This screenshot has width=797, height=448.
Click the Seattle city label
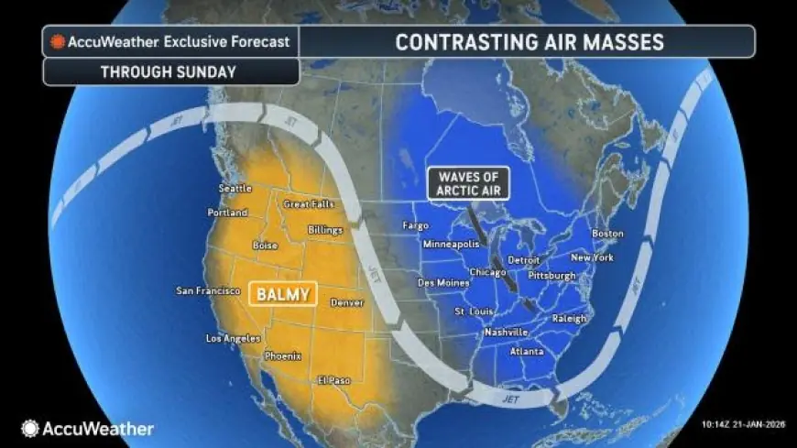(235, 189)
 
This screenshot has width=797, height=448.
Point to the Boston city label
(607, 234)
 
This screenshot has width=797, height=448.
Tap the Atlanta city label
(528, 352)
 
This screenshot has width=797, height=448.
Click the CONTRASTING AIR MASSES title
(529, 42)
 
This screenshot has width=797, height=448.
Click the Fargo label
(417, 225)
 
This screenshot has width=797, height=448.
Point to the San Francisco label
(208, 291)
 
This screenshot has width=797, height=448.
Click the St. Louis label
(475, 312)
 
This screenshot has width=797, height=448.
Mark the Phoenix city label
(282, 355)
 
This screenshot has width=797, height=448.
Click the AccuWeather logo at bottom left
(88, 428)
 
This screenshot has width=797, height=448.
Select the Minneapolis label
(452, 246)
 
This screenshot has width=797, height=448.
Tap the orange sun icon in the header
(60, 42)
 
